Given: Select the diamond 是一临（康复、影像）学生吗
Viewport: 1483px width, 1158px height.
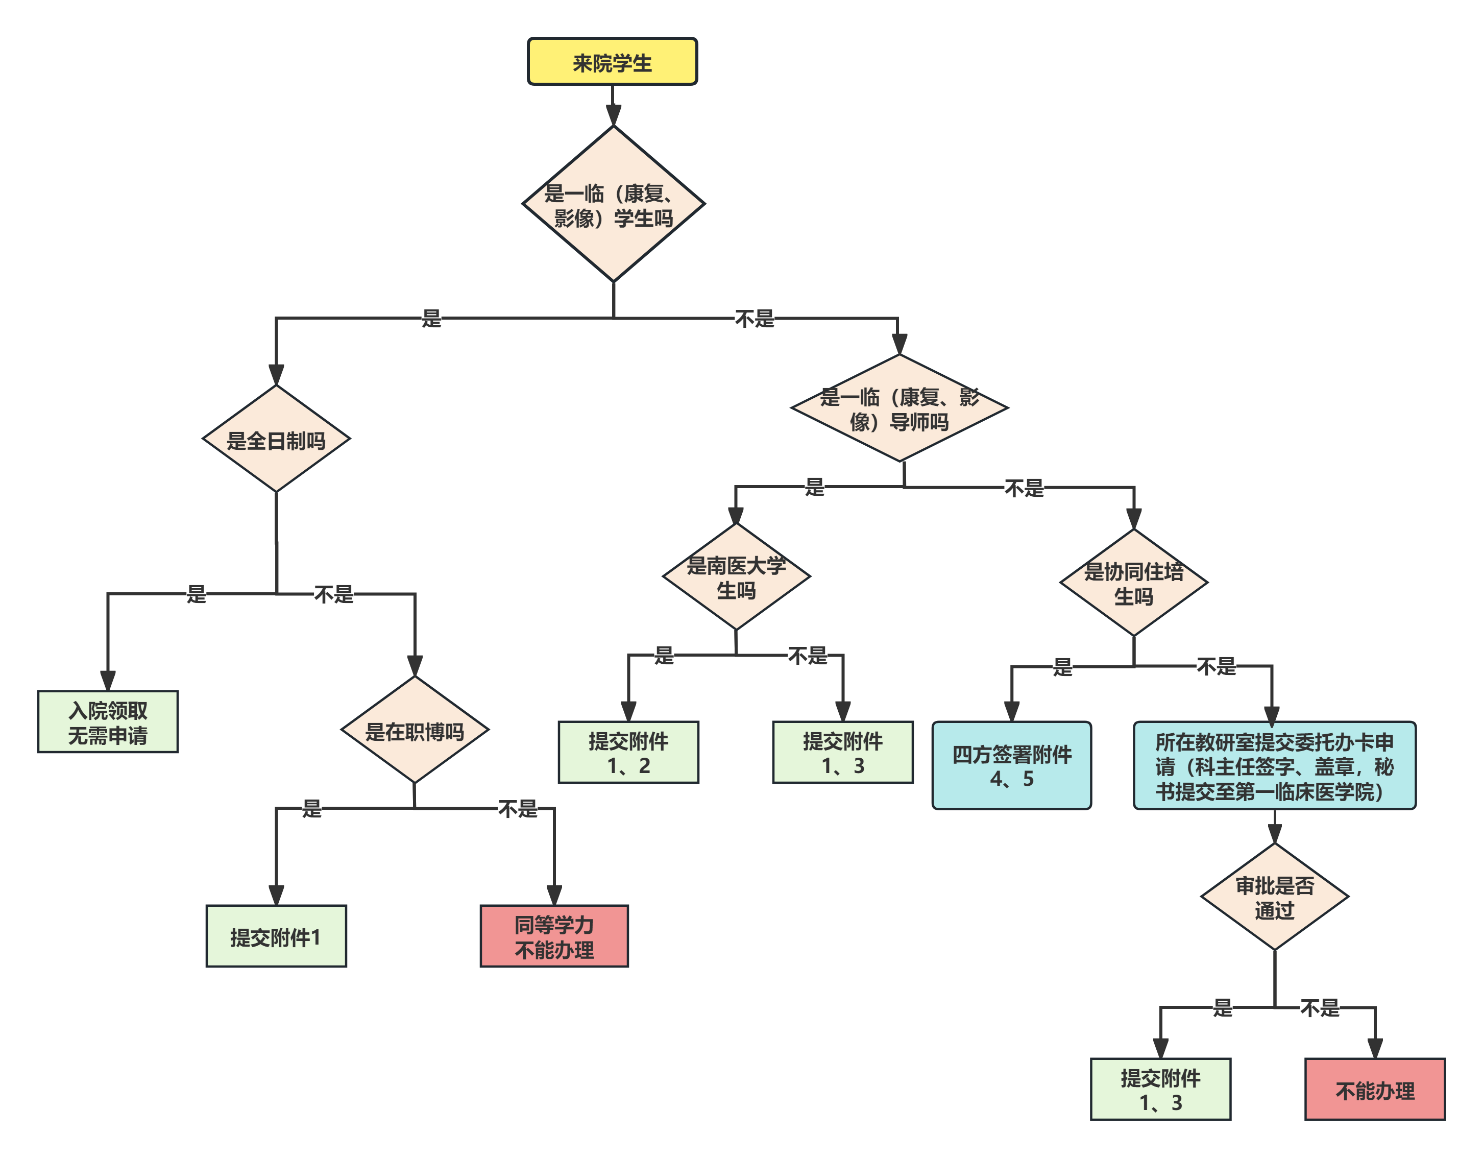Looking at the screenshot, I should (x=613, y=204).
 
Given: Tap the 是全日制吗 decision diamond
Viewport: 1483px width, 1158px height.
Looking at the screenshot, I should (x=276, y=440).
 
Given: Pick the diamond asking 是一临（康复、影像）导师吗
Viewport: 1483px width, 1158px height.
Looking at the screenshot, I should (x=899, y=408).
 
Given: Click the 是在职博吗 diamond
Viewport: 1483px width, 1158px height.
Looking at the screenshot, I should (x=414, y=730).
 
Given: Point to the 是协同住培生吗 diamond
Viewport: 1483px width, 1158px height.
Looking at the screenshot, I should (x=1133, y=583).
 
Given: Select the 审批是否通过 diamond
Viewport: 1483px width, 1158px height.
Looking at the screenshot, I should (x=1275, y=897).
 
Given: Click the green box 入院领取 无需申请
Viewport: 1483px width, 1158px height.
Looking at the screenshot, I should (x=108, y=722).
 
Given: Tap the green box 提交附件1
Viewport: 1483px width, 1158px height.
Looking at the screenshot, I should (x=276, y=936).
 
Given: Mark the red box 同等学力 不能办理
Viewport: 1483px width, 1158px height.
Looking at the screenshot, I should (x=554, y=936).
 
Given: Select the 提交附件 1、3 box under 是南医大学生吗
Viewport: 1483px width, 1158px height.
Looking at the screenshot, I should (x=843, y=753).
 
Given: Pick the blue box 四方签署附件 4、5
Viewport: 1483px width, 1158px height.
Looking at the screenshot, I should (x=1012, y=765).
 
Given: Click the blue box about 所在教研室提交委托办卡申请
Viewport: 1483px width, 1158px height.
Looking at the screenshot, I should (x=1275, y=765).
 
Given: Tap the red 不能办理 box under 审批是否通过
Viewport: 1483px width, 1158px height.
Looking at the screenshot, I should (x=1375, y=1090).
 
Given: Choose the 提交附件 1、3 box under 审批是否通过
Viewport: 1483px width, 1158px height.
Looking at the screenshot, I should (x=1160, y=1090).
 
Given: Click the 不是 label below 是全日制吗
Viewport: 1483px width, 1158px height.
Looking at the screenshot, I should (x=333, y=594).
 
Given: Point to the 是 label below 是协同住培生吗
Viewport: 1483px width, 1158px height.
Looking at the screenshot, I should (x=1063, y=666).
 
